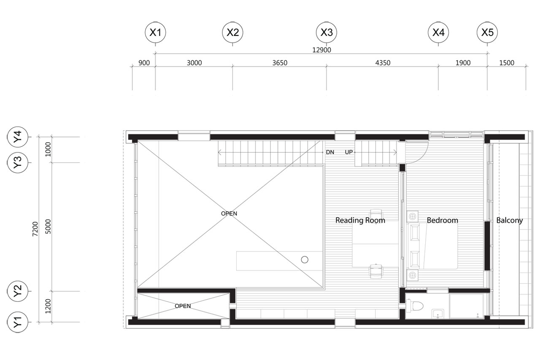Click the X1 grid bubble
[x=155, y=32]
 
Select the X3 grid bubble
[x=327, y=32]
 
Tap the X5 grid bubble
[x=487, y=32]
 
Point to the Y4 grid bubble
[x=18, y=137]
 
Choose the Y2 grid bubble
[x=18, y=291]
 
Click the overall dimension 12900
[x=321, y=50]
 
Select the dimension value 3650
[x=280, y=63]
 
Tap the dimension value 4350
[x=383, y=63]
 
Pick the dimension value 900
[x=144, y=63]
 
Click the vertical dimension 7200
[x=35, y=229]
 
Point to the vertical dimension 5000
[x=48, y=226]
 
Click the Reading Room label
[x=360, y=220]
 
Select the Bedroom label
[x=443, y=220]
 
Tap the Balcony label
[x=509, y=220]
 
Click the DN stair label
[x=330, y=152]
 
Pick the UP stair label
[x=349, y=152]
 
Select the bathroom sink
[x=438, y=314]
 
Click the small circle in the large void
[x=305, y=260]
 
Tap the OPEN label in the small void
[x=183, y=306]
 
